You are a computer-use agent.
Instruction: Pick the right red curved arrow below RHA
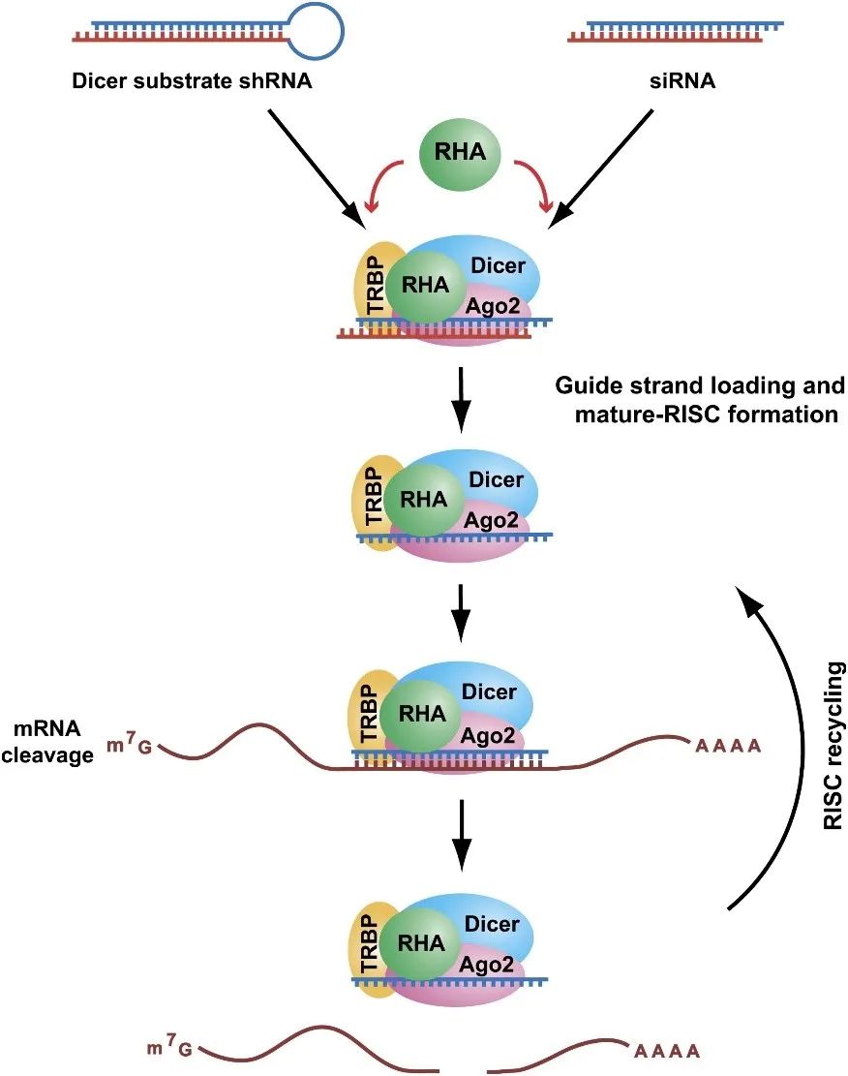click(536, 184)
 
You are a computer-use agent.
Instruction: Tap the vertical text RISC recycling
click(831, 746)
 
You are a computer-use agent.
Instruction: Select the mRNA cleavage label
click(54, 741)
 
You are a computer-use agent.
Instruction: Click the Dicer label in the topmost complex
click(498, 263)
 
